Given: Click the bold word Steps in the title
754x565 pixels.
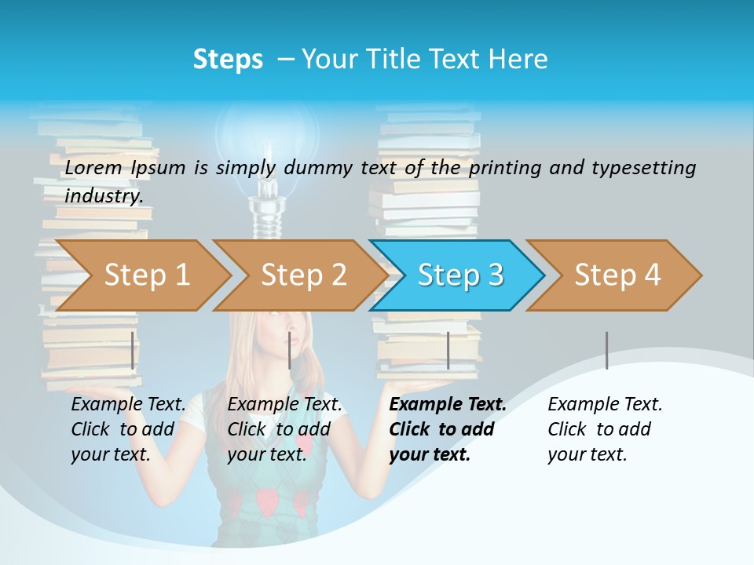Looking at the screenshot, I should [228, 60].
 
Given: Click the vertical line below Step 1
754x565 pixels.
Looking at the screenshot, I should [132, 350].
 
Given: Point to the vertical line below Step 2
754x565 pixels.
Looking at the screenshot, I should [290, 350].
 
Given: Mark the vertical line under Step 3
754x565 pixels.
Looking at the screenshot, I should [448, 350].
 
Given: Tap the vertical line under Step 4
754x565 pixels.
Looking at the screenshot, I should [606, 350].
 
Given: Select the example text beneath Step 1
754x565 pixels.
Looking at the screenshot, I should [128, 428].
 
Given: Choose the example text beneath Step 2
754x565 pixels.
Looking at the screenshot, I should [284, 428].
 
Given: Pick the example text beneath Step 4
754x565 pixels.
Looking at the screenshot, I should [605, 428].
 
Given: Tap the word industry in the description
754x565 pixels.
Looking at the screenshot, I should [104, 195].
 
